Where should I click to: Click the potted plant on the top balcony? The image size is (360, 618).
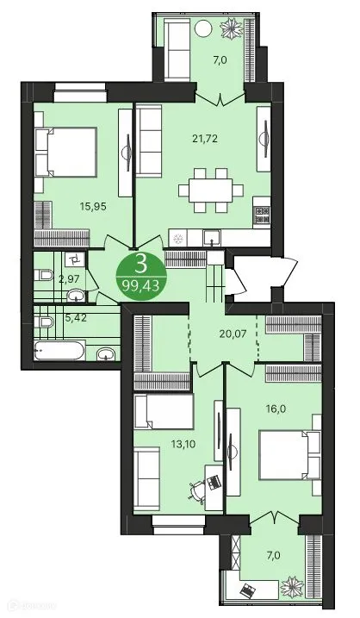tap(233, 29)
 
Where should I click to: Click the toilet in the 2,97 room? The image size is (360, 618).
tap(46, 276)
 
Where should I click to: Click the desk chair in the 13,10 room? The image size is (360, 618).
tap(197, 490)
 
